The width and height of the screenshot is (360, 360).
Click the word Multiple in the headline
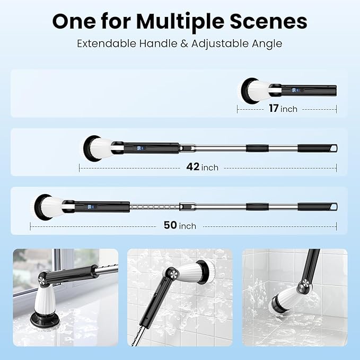tap(180, 22)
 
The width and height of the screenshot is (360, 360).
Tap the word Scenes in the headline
tap(268, 21)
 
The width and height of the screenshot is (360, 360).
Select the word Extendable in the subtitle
tap(107, 43)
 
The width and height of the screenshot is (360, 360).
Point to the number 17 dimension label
tap(274, 108)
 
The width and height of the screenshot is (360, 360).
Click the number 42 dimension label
tap(193, 166)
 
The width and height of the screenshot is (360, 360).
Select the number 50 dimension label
tap(170, 225)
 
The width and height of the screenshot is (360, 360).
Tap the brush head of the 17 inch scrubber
tap(254, 91)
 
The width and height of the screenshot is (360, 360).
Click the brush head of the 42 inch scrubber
tap(97, 148)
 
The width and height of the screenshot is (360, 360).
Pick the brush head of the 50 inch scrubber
tap(48, 207)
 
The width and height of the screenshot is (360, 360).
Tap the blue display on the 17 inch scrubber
tap(294, 90)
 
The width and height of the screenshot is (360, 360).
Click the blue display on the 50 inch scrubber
tap(90, 207)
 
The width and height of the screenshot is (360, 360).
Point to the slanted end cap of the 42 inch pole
tap(333, 148)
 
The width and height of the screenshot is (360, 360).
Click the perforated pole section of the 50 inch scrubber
tap(154, 207)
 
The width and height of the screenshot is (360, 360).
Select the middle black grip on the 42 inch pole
tap(257, 148)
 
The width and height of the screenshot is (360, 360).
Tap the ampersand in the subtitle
tap(185, 43)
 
